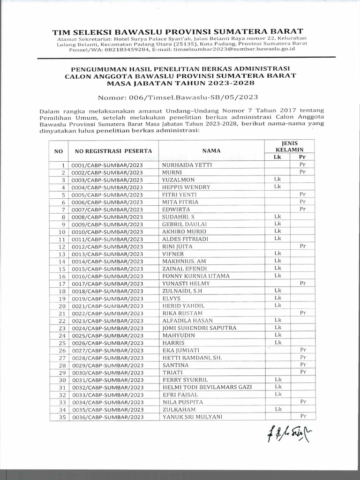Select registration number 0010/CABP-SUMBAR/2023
pos(107,232)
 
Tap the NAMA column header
pos(208,150)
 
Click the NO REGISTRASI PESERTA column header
pos(111,150)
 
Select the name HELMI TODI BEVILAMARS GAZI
pos(207,387)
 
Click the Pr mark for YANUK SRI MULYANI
pos(303,416)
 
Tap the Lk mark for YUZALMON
pos(277,180)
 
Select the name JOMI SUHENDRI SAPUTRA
pos(199,328)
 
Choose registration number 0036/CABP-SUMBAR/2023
pos(107,417)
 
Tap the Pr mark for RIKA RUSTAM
pos(303,312)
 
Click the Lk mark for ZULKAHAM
pos(277,409)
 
